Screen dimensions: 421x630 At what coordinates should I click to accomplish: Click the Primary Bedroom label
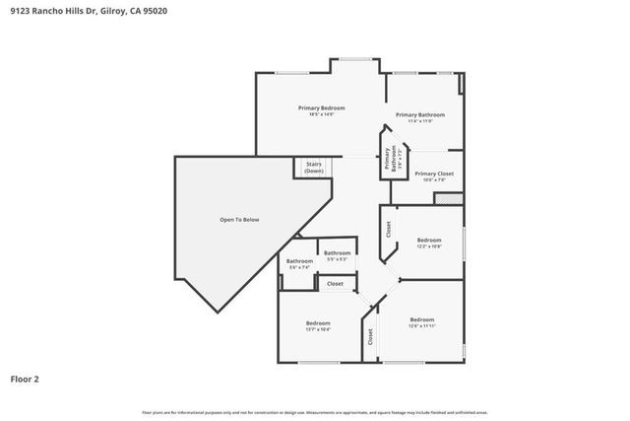pos(322,107)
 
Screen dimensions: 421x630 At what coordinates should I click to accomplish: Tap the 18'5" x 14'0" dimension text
pos(322,115)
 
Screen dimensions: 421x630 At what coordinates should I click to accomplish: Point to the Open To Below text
pos(239,219)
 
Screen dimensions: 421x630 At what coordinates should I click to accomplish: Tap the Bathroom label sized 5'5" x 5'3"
pos(338,252)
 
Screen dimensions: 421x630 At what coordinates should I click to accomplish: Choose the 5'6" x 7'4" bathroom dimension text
pos(298,267)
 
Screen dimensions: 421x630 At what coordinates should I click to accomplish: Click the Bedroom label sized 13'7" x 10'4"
pos(317,323)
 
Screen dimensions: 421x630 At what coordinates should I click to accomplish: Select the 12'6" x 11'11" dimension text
pos(421,325)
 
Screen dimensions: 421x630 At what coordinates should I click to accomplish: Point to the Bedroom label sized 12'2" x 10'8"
pos(428,241)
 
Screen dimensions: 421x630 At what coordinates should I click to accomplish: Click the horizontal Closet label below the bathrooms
pos(335,284)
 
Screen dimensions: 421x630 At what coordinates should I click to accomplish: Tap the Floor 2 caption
pos(25,378)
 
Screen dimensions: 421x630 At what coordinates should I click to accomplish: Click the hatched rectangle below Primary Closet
pos(448,198)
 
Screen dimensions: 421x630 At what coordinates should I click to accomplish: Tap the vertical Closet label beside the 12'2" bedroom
pos(388,230)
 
